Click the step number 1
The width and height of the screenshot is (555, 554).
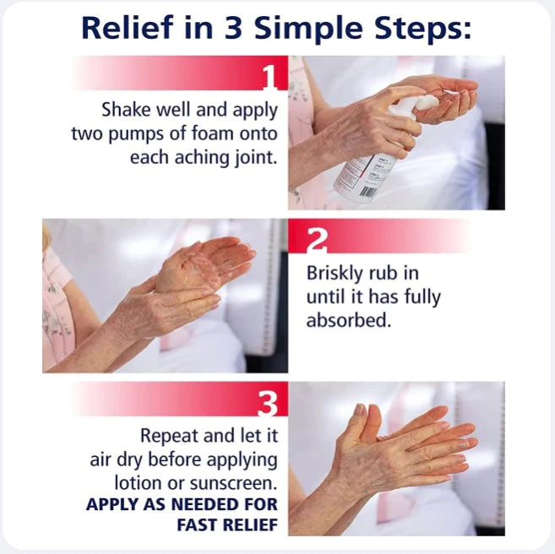coord(269,77)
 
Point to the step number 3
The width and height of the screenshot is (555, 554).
coord(267,404)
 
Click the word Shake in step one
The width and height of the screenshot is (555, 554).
coord(128,110)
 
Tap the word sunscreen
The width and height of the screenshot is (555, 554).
coord(234,483)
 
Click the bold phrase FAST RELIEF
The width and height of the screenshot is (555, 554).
coord(227,524)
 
